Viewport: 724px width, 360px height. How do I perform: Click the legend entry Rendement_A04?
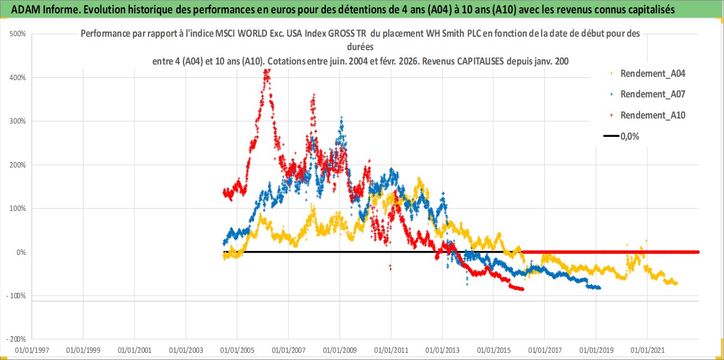pyautogui.click(x=652, y=73)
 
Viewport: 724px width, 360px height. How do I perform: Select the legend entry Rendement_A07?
pyautogui.click(x=652, y=94)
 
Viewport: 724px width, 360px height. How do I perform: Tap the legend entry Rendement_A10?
pyautogui.click(x=652, y=115)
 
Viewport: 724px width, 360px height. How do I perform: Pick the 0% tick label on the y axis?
pyautogui.click(x=21, y=252)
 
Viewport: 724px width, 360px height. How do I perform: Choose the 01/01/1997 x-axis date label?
pyautogui.click(x=32, y=351)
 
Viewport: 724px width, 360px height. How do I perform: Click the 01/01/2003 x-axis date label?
pyautogui.click(x=185, y=351)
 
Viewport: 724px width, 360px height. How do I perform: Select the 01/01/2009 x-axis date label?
pyautogui.click(x=339, y=351)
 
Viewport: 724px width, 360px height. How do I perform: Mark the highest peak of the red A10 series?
pyautogui.click(x=267, y=71)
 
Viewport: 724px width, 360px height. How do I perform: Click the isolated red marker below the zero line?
pyautogui.click(x=390, y=268)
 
